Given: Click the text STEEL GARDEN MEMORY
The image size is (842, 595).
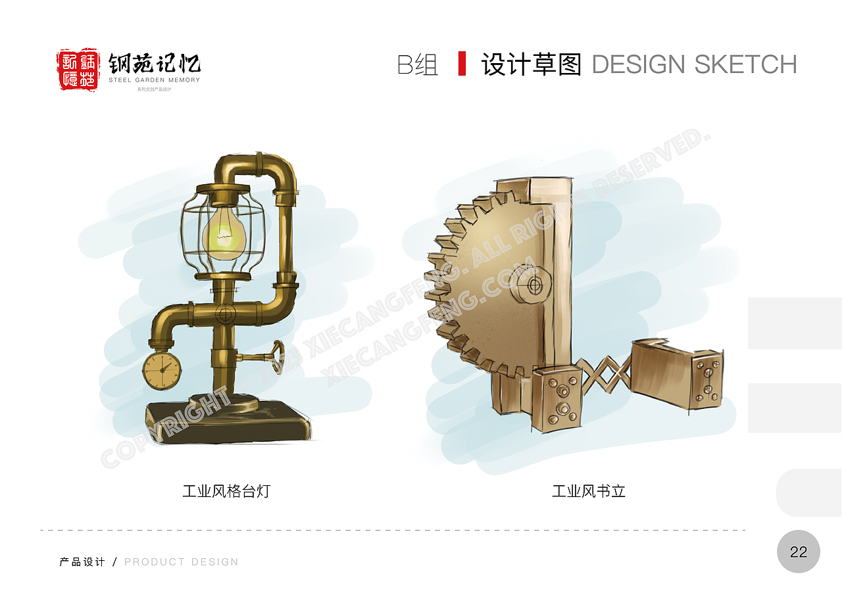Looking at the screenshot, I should pos(155,80).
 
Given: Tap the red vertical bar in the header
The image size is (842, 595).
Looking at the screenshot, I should pos(462,63).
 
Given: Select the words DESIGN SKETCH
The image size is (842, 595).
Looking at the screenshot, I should pos(694,64).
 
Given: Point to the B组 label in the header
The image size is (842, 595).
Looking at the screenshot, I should pos(418,64).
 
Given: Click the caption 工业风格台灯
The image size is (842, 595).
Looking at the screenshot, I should pos(226,491).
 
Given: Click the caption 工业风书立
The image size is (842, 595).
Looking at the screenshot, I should pos(588,491).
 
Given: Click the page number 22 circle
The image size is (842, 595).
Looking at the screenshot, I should pos(798,552).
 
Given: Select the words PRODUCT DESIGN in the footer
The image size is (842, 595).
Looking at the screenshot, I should pos(182,562).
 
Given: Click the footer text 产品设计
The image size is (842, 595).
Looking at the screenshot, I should pos(82,562).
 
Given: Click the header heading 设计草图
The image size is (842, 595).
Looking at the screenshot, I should pos(532,64).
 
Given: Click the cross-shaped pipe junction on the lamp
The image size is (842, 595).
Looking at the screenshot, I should pos(224,312).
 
